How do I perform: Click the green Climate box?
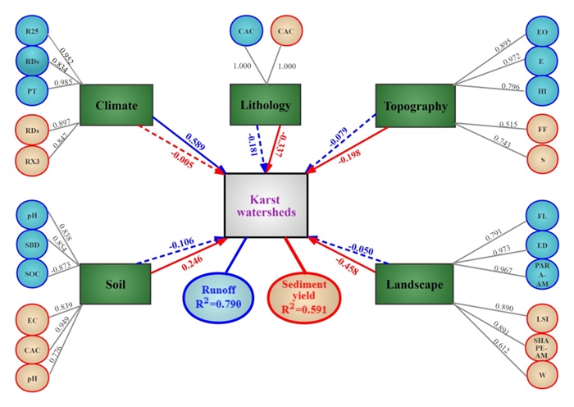(116, 106)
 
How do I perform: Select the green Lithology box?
(265, 106)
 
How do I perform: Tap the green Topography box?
(415, 106)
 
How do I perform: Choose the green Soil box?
(116, 286)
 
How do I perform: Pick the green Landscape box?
(415, 286)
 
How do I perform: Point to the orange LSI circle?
(542, 315)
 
